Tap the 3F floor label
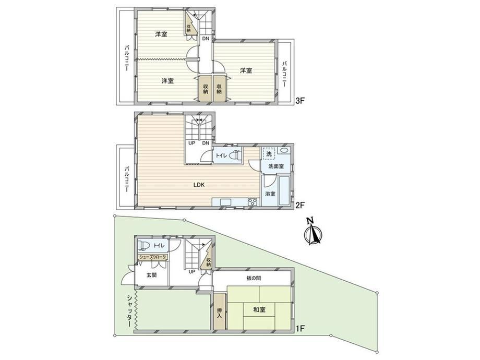[x=299, y=101]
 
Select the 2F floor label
[x=299, y=205]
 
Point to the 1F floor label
[x=299, y=329]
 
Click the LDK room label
[x=199, y=185]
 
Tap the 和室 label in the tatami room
[x=259, y=309]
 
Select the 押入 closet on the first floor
[x=219, y=311]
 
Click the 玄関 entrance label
[x=151, y=275]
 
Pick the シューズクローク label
[x=153, y=257]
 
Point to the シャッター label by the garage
[x=130, y=311]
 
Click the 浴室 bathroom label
[x=270, y=194]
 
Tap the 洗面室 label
[x=276, y=166]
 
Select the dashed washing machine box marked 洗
[x=269, y=154]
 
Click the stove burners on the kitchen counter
[x=253, y=202]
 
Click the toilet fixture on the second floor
[x=235, y=155]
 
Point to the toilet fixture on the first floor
[x=143, y=246]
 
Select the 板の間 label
[x=254, y=278]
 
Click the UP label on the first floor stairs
[x=192, y=271]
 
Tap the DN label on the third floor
[x=205, y=39]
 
